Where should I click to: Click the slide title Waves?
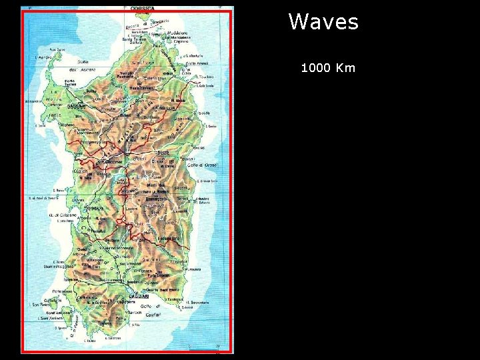pyautogui.click(x=323, y=22)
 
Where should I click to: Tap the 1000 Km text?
pyautogui.click(x=328, y=68)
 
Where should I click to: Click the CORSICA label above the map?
pyautogui.click(x=142, y=8)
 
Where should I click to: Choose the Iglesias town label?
pyautogui.click(x=71, y=280)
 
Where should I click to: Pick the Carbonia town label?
pyautogui.click(x=85, y=297)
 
